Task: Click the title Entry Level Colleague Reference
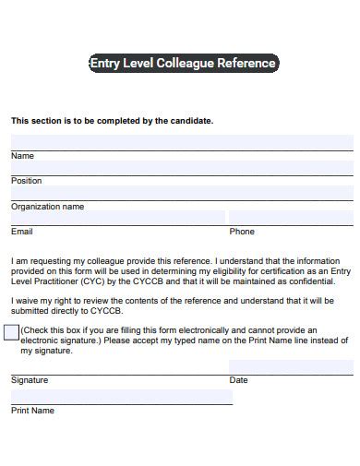click(182, 64)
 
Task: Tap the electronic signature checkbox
click(11, 332)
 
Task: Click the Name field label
click(22, 156)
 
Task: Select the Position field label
click(26, 181)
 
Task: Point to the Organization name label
click(47, 207)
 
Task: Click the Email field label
click(21, 232)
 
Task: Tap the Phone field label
click(242, 232)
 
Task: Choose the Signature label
click(30, 379)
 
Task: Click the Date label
click(238, 379)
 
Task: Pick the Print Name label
click(32, 411)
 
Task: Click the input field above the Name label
click(182, 142)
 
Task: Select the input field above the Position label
click(182, 167)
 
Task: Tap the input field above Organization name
click(182, 193)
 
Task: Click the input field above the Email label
click(117, 218)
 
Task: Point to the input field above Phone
click(291, 218)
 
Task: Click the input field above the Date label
click(291, 366)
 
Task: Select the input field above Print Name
click(121, 397)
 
